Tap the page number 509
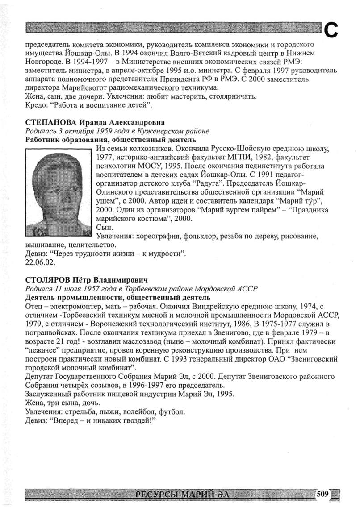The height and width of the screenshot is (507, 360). (322, 494)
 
